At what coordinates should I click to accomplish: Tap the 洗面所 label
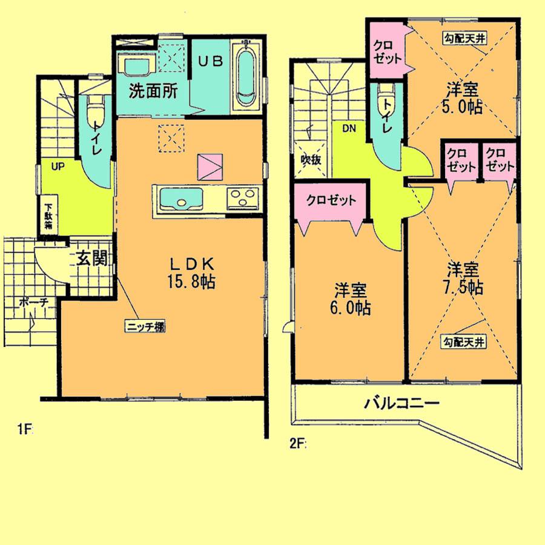pos(153,92)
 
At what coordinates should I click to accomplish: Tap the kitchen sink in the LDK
pos(182,199)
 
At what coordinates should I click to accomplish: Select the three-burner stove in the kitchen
pos(243,198)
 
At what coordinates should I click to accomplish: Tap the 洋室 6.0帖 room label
pos(351,300)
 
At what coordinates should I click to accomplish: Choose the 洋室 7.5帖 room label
pos(464,277)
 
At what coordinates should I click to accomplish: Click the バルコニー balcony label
pos(401,403)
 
